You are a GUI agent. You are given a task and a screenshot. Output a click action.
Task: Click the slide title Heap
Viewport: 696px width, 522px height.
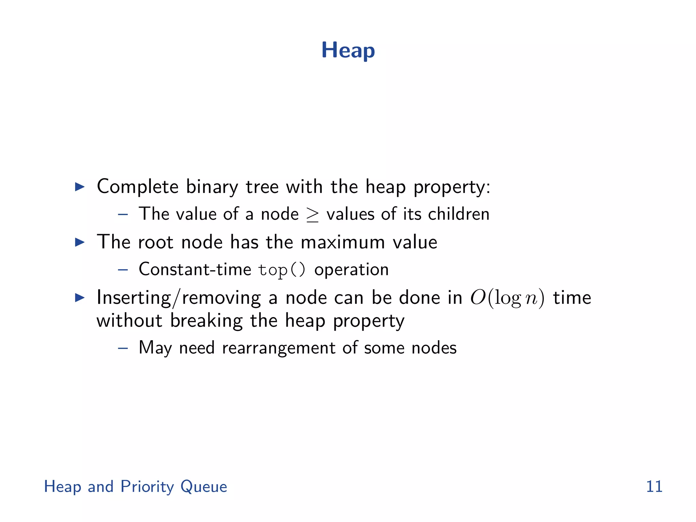pyautogui.click(x=348, y=51)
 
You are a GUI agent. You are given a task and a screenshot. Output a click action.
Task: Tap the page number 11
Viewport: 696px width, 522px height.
pyautogui.click(x=654, y=486)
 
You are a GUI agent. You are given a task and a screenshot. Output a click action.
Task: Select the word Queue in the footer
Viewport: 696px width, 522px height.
pyautogui.click(x=204, y=487)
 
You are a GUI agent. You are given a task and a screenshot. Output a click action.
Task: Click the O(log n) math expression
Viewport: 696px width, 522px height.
pyautogui.click(x=507, y=298)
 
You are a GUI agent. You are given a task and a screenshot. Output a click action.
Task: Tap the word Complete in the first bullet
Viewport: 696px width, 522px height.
pyautogui.click(x=138, y=187)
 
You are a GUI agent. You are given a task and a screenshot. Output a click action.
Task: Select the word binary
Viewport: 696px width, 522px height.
pyautogui.click(x=212, y=187)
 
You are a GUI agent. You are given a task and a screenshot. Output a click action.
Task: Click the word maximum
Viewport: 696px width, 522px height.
pyautogui.click(x=343, y=242)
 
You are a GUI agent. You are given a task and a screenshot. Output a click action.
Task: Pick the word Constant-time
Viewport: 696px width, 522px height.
pyautogui.click(x=195, y=269)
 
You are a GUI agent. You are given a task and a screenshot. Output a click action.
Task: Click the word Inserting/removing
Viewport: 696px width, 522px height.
pyautogui.click(x=179, y=298)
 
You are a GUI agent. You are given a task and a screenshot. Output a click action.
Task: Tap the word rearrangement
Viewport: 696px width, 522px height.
pyautogui.click(x=279, y=348)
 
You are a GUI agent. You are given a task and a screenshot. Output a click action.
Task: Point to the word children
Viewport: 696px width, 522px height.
pyautogui.click(x=458, y=214)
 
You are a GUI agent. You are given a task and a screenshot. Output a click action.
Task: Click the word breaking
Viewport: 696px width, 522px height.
pyautogui.click(x=206, y=321)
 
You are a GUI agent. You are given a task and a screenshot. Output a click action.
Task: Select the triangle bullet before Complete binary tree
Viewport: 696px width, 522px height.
pyautogui.click(x=80, y=187)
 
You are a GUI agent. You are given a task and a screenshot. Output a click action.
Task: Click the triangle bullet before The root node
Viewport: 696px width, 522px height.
pyautogui.click(x=80, y=242)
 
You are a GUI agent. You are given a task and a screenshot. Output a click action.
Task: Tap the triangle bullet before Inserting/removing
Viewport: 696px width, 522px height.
pyautogui.click(x=80, y=298)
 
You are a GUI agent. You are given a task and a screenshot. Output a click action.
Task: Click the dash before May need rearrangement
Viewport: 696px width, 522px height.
pyautogui.click(x=123, y=348)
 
